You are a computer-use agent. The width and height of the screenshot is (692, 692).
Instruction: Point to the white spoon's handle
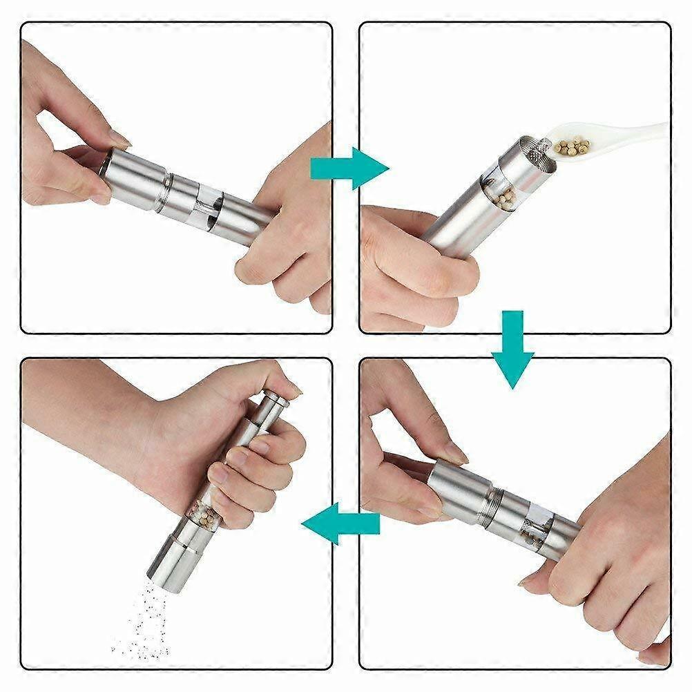639,131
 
